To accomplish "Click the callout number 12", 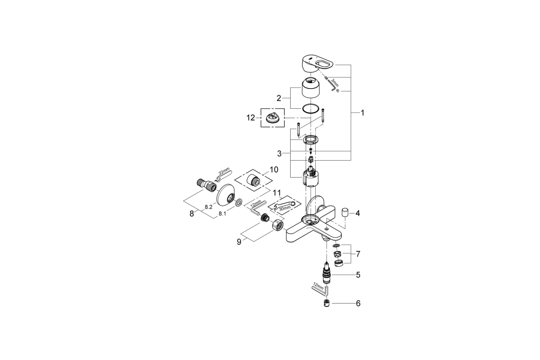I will pos(251,118).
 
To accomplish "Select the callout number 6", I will pos(358,304).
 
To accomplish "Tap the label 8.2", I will pos(208,207).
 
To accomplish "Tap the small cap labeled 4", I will pos(345,213).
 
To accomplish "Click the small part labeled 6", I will pos(327,304).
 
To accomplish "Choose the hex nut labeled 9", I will pos(277,226).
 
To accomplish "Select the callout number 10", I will pos(274,169).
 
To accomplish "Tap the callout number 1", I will pos(362,112).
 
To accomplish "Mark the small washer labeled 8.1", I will pos(238,203).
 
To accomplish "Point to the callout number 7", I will pos(358,254).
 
